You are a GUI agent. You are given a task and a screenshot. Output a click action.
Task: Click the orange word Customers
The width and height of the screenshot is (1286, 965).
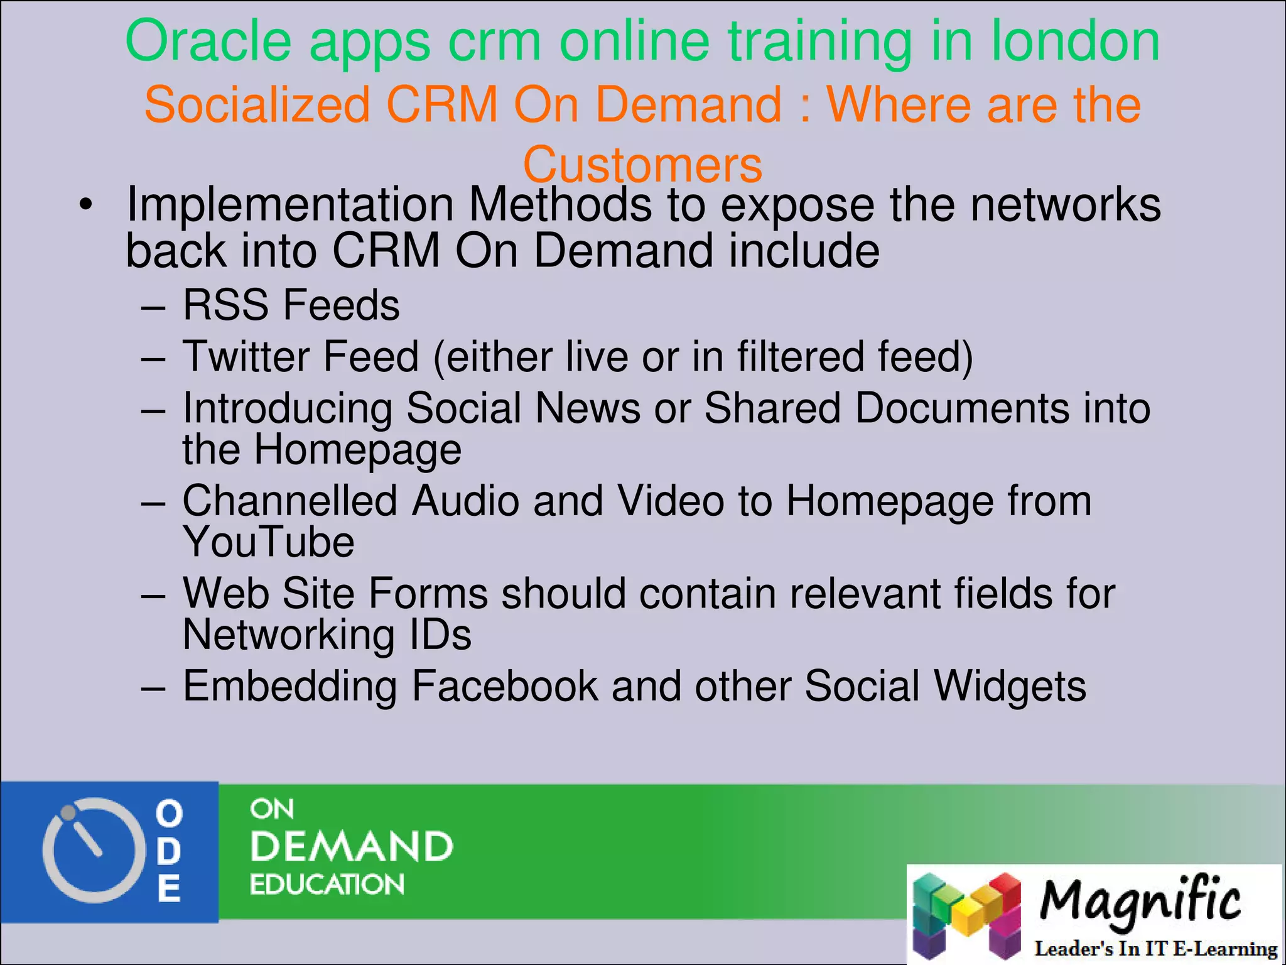[x=642, y=165]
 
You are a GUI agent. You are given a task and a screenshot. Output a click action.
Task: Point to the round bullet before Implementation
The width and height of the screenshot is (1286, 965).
[x=86, y=205]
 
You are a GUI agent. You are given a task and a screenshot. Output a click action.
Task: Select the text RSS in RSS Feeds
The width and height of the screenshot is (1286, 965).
[x=225, y=305]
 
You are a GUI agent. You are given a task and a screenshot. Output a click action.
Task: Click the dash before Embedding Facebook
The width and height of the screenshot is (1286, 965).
[x=153, y=687]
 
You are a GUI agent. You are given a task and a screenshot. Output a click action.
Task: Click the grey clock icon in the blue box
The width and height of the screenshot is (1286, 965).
[x=89, y=849]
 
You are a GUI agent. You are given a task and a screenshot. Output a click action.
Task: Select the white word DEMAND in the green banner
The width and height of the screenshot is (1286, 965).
[x=351, y=846]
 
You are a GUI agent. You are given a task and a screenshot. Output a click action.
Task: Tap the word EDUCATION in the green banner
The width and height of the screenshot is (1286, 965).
[x=327, y=885]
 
